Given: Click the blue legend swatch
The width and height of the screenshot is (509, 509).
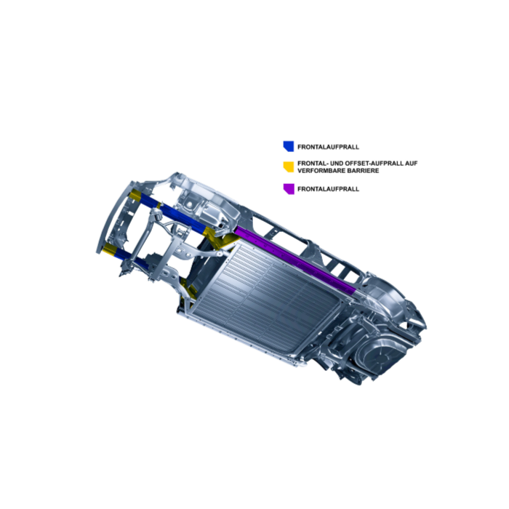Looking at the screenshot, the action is pyautogui.click(x=289, y=146).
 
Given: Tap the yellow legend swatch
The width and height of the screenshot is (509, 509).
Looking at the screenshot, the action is pyautogui.click(x=289, y=167).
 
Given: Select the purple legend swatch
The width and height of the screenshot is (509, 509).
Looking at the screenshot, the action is pyautogui.click(x=289, y=189).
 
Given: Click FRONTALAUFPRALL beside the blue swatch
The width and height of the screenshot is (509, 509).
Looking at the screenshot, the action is pyautogui.click(x=328, y=147).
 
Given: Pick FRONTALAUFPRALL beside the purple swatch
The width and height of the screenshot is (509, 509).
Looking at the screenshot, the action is pyautogui.click(x=328, y=189).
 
